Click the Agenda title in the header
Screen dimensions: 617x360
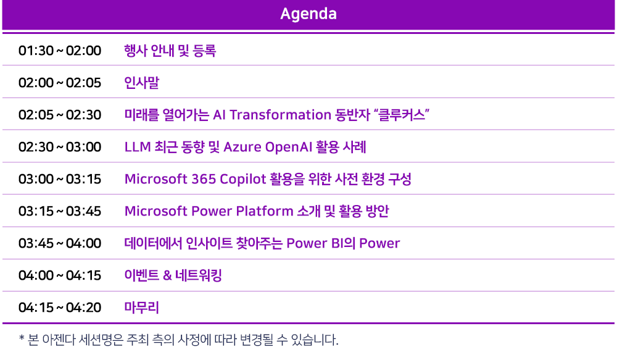(308, 14)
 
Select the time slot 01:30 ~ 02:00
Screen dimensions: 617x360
(60, 51)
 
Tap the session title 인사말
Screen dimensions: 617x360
(142, 83)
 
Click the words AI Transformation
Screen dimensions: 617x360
(272, 115)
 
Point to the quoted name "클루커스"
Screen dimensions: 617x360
(401, 115)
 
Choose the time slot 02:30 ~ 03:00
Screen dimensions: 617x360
(60, 147)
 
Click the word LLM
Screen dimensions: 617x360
(138, 147)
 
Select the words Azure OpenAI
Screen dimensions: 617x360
(268, 148)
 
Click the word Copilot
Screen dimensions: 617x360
(243, 180)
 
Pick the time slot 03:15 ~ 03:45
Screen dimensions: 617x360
(60, 211)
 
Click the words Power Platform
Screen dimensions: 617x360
(242, 211)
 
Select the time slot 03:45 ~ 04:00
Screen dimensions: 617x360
(60, 243)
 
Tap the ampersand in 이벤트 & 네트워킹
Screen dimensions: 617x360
(167, 275)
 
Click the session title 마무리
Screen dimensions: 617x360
(142, 308)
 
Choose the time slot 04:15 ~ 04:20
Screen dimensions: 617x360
(60, 308)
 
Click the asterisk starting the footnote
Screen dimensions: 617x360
(22, 338)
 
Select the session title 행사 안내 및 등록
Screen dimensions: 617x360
(170, 51)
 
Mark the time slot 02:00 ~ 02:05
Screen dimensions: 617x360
(60, 83)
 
